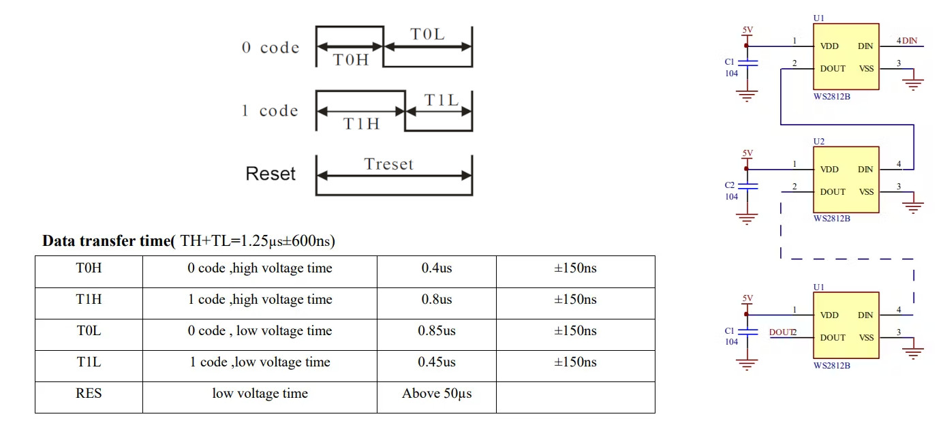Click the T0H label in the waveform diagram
350,59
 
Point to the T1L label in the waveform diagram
442,100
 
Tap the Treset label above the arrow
388,163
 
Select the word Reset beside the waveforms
270,174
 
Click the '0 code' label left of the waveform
270,48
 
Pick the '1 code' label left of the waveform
270,111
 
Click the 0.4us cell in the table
436,268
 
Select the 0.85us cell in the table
436,331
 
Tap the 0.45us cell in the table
436,362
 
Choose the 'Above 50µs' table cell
436,394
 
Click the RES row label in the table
89,394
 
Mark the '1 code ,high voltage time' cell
260,300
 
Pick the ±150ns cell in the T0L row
575,331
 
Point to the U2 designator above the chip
819,141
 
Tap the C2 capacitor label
730,185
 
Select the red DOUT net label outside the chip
781,332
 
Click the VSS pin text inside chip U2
866,192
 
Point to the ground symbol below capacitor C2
747,219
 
